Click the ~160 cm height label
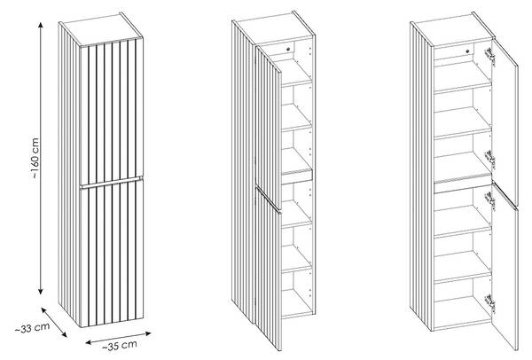[36, 158]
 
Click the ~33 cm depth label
[32, 328]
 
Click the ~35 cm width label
[120, 345]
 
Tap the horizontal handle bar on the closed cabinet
[112, 182]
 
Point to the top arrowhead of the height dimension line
[41, 25]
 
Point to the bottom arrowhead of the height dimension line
[41, 291]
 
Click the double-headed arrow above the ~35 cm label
[118, 338]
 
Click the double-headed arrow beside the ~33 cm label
[54, 323]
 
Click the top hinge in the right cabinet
[490, 56]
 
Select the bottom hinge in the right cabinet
[490, 302]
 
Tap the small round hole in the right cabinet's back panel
[467, 51]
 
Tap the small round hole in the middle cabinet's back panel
[288, 49]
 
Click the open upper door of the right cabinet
[505, 122]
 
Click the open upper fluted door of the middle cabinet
[268, 127]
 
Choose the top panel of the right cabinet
[452, 30]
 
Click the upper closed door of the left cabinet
[112, 112]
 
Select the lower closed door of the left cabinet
[112, 254]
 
